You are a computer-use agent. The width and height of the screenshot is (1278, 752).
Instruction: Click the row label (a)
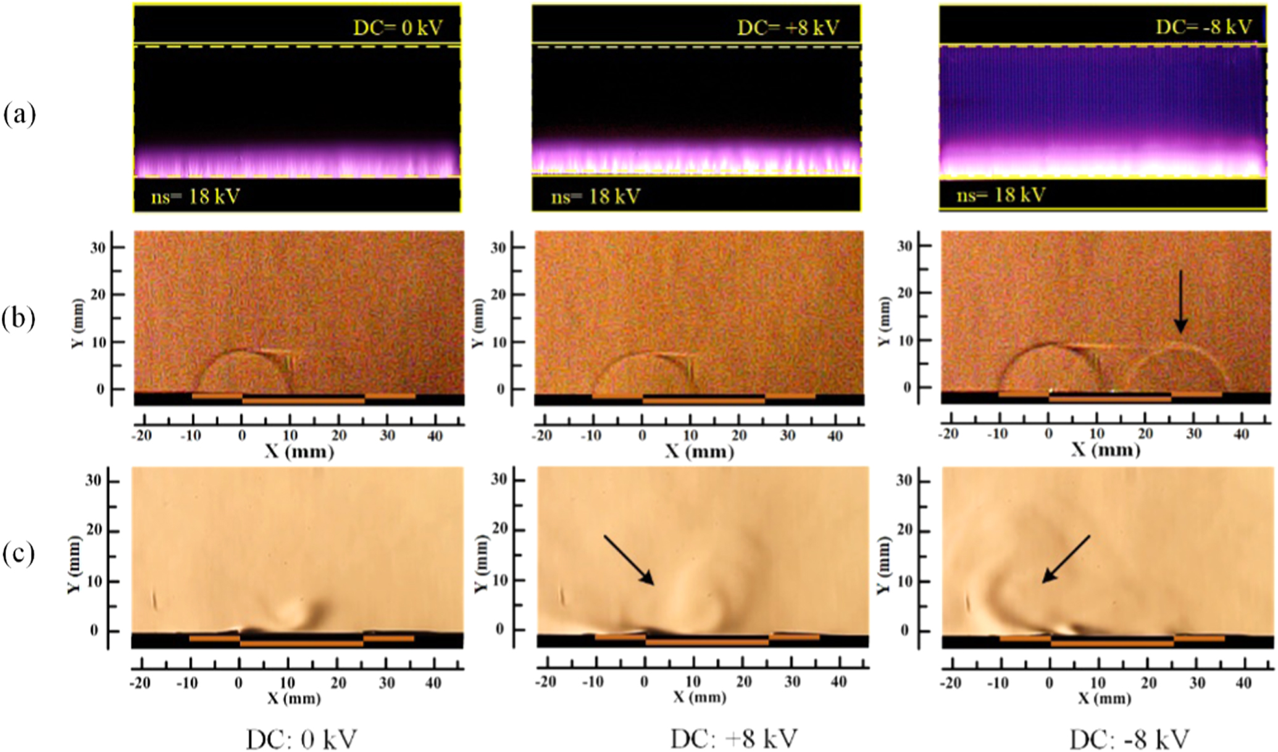(x=19, y=115)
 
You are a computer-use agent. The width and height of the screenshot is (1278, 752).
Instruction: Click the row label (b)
(x=19, y=319)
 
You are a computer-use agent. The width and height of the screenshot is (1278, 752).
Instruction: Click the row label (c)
(x=19, y=554)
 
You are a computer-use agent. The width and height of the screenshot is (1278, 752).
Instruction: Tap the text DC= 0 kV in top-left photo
(x=398, y=28)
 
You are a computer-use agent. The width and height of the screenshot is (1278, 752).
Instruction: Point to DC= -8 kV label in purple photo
(x=1203, y=27)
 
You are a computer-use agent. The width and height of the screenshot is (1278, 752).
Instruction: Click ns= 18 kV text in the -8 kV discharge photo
(x=1001, y=195)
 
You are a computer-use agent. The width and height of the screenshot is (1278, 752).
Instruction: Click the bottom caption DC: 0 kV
(x=302, y=739)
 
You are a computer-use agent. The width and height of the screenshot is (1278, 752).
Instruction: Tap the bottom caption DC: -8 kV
(x=1129, y=739)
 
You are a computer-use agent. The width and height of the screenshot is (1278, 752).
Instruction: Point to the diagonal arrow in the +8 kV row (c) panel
(x=629, y=560)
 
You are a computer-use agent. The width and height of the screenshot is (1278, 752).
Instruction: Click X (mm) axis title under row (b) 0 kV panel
(x=299, y=452)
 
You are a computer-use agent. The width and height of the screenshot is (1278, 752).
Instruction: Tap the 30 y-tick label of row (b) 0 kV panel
(x=98, y=248)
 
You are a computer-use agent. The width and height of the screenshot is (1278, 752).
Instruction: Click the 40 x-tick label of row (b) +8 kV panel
(x=835, y=436)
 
